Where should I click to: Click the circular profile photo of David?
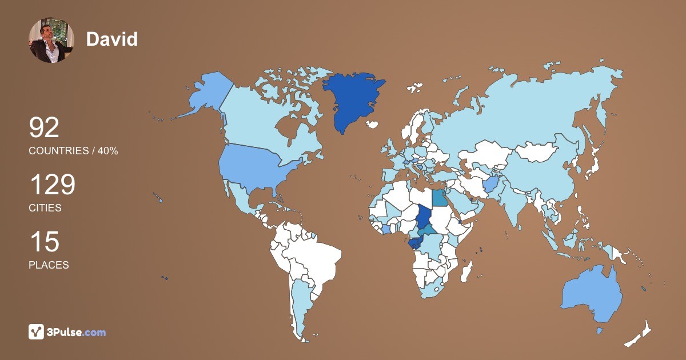tap(51, 40)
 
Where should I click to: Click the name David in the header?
tap(112, 39)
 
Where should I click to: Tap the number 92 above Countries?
tap(44, 128)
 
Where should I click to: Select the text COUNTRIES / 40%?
tap(73, 151)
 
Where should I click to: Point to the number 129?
tap(52, 185)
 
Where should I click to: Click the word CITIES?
tap(45, 208)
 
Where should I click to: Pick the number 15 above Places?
tap(44, 242)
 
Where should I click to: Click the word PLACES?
tap(49, 265)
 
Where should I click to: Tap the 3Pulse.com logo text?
tap(76, 332)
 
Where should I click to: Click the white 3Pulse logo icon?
tap(36, 331)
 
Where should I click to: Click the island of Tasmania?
tap(600, 331)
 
